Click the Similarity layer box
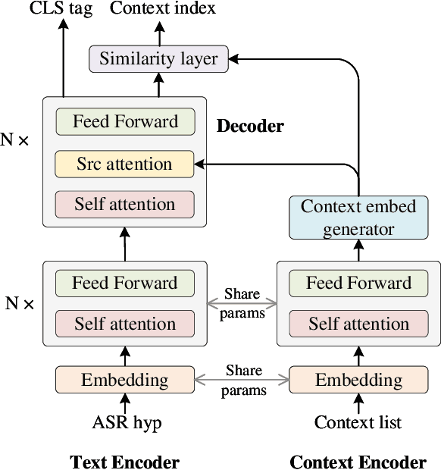(158, 58)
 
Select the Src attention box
(124, 164)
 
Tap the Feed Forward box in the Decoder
(124, 122)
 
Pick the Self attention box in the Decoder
(124, 205)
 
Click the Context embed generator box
(358, 218)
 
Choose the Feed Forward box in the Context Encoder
(358, 284)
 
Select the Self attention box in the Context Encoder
(358, 324)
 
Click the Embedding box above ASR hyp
(124, 380)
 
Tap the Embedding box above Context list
(358, 380)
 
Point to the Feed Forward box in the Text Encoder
(124, 284)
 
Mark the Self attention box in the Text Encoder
(124, 324)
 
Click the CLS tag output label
(62, 9)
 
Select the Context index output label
(163, 9)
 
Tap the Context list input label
(358, 422)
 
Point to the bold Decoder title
(250, 126)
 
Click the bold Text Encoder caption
(124, 462)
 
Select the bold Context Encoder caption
(358, 462)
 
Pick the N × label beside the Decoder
(17, 141)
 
